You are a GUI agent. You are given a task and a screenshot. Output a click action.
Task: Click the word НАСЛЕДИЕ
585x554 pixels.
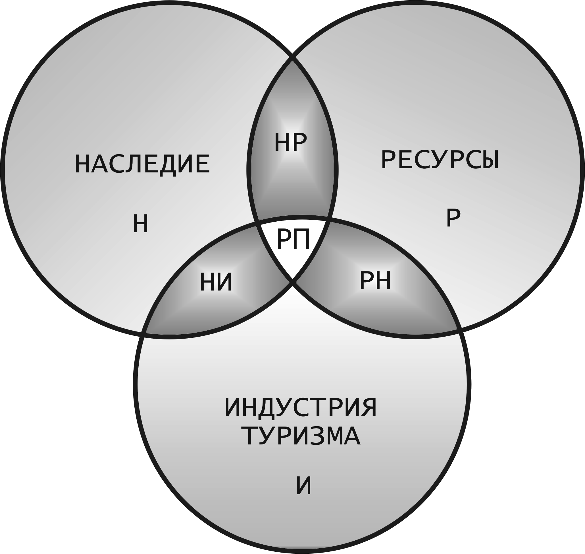(142, 164)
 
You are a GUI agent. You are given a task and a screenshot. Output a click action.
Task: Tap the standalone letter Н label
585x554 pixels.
(140, 225)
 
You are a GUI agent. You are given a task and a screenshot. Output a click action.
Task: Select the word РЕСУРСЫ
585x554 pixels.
(440, 160)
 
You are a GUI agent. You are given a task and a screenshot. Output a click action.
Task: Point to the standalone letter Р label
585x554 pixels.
(453, 219)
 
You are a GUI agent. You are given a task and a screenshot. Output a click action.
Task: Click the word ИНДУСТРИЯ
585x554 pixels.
(301, 408)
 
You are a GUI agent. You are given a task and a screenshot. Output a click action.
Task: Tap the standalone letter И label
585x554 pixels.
(303, 486)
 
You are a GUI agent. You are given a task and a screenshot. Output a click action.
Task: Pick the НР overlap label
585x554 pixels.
(290, 143)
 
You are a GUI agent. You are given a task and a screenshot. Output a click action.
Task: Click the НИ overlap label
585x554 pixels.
(216, 283)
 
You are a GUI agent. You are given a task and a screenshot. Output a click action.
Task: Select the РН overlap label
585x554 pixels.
(375, 281)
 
